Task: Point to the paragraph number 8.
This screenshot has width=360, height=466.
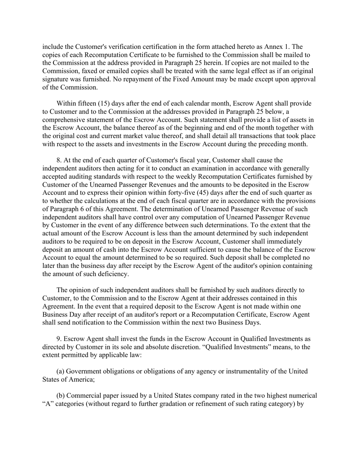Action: coord(59,160)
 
